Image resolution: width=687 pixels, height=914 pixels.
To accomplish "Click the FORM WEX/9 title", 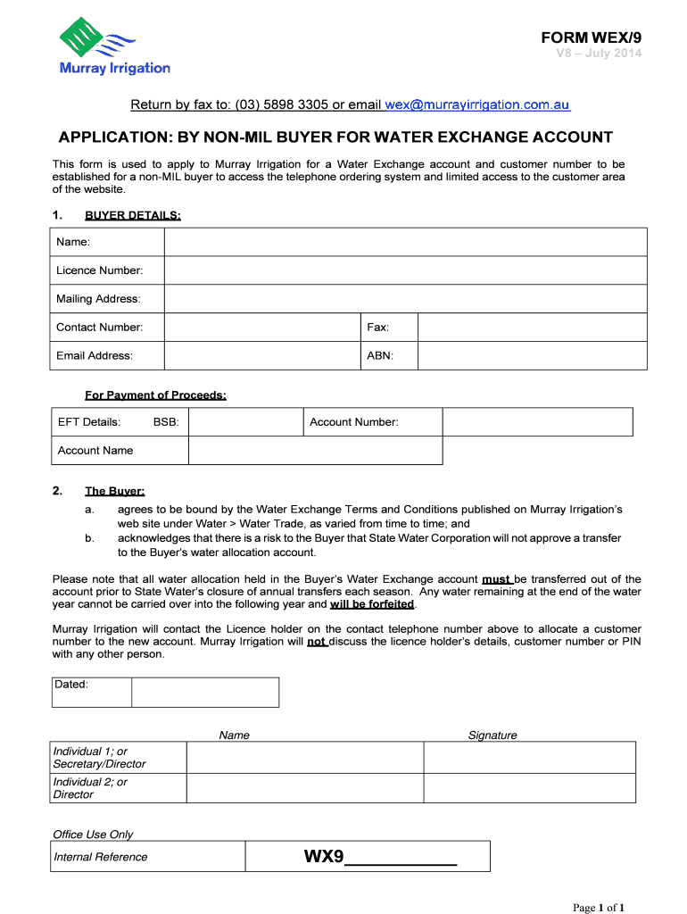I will (591, 37).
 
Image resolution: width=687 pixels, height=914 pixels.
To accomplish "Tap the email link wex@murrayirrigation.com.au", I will (477, 104).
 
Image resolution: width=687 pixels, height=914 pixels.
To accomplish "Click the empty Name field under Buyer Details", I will (405, 242).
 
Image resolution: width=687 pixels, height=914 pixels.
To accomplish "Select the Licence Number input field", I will (405, 270).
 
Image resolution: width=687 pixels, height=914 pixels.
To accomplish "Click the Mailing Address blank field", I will (405, 299).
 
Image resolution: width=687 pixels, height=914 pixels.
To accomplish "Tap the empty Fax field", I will (533, 328).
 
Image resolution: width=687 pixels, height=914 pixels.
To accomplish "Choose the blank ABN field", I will (533, 356).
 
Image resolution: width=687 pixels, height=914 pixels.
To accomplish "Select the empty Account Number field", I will (537, 422).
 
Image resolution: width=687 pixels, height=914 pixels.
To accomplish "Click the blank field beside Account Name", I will (315, 451).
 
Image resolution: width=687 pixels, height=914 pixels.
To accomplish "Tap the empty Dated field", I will (205, 692).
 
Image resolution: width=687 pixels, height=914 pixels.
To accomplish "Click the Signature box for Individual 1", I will (529, 758).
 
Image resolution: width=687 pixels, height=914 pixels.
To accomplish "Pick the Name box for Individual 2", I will (304, 788).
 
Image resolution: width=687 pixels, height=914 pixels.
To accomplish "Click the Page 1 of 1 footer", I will (599, 908).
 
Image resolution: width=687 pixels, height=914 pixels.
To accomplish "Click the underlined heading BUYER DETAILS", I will (133, 215).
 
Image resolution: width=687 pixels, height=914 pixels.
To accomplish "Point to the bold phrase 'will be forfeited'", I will (372, 604).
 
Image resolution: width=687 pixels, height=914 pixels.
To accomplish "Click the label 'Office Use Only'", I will (93, 835).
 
